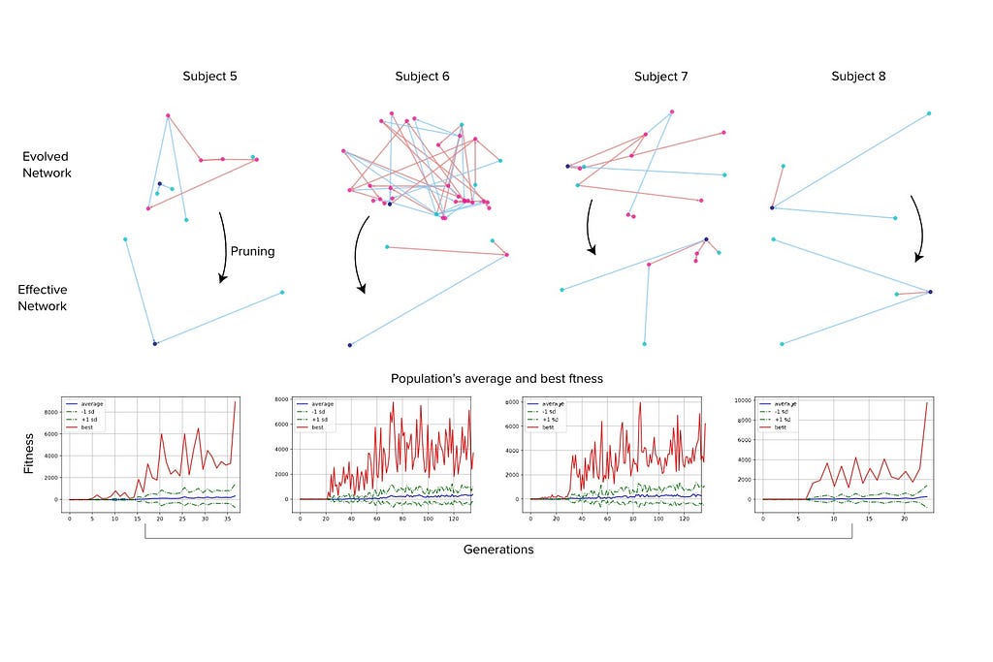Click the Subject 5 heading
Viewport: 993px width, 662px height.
209,77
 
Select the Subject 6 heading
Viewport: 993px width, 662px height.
422,77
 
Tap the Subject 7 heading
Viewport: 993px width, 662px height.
661,77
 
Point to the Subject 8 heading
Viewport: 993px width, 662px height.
858,77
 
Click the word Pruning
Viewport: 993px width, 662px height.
252,251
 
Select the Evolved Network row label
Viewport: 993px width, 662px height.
48,164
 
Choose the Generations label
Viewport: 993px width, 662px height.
497,550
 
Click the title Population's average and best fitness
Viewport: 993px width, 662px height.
496,378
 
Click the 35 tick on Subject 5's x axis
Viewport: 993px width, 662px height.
226,520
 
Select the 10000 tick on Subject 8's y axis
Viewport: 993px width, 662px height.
743,399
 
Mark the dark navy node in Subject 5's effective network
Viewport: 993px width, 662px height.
154,343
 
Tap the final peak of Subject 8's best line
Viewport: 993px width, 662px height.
926,403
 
